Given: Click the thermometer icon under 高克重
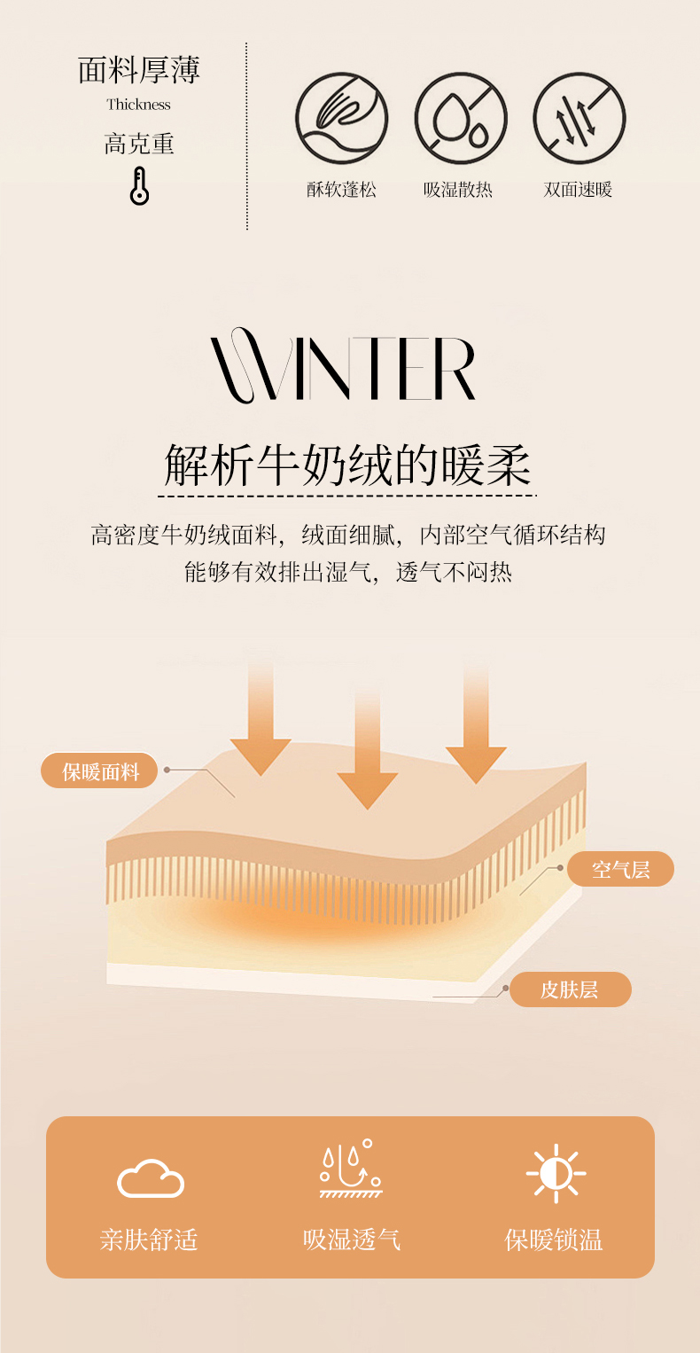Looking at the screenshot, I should point(139,185).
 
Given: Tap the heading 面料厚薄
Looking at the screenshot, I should point(139,71).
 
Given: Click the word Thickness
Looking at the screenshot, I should point(139,105).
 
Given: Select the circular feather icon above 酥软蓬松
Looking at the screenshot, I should point(342,119).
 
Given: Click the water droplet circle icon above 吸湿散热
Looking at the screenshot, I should point(461,119).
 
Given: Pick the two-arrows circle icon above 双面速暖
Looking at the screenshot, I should point(579,119).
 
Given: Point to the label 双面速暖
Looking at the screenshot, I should point(579,189).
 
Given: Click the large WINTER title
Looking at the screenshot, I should point(344,365).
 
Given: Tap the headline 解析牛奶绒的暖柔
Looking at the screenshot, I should point(347,464).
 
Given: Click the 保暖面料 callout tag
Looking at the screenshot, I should point(100,771).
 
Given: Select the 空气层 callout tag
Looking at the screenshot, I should point(620,869).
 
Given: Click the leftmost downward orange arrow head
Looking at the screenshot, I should point(261,755).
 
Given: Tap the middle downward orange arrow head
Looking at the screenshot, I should point(367,788).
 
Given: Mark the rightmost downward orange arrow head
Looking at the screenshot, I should point(476,763).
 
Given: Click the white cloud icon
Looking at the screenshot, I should point(151,1178).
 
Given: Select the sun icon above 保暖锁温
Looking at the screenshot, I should point(556,1174).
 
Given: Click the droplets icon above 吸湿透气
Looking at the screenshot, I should point(351,1170).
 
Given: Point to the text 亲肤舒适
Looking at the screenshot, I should point(148,1239).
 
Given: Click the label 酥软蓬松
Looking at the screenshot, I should point(342,189).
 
